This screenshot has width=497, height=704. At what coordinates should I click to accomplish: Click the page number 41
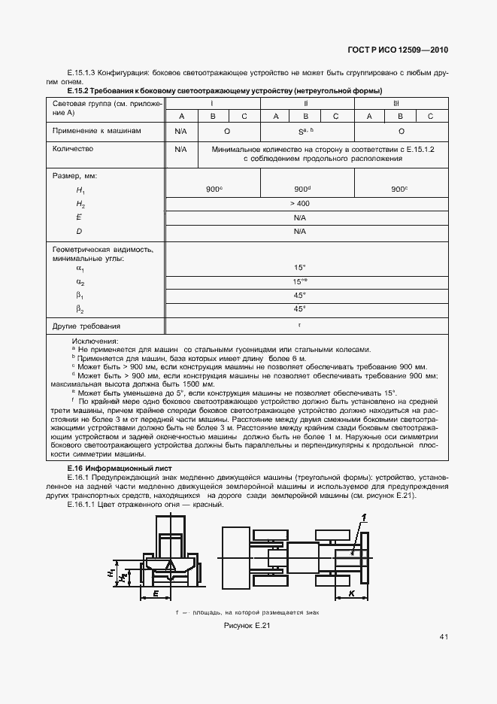[x=444, y=637]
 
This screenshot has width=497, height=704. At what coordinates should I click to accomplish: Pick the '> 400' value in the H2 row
[x=299, y=204]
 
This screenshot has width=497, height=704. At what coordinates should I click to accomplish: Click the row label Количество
[x=72, y=149]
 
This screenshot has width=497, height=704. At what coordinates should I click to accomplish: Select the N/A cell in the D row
[x=299, y=232]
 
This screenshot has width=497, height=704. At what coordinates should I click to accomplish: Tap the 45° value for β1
[x=299, y=295]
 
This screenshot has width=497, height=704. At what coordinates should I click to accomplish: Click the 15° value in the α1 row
[x=299, y=267]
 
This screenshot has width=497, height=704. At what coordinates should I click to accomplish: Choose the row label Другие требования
[x=86, y=326]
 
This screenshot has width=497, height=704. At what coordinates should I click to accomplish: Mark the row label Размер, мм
[x=75, y=176]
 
